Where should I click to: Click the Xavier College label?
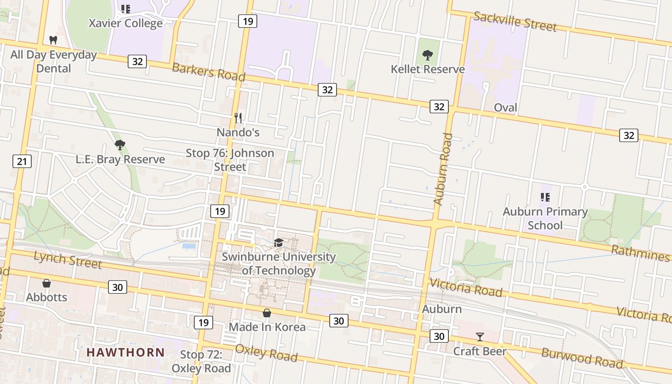pos(126,23)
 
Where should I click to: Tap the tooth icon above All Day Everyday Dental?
pos(53,40)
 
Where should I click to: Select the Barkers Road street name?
pos(208,72)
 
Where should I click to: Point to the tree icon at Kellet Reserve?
pos(427,55)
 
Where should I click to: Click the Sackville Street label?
pos(515,22)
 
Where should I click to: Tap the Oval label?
pos(505,108)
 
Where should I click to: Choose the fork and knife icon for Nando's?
pos(238,118)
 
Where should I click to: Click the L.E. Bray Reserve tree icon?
pos(120,144)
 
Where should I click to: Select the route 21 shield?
pos(22,161)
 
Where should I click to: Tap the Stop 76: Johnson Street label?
pos(230,160)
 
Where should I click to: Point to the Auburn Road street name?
pos(443,169)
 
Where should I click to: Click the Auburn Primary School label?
pos(545,218)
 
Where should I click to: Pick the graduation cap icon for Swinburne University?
pos(278,242)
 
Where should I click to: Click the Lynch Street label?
pos(68,260)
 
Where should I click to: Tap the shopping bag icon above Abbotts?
pos(47,283)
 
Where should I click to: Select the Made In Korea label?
pos(267,327)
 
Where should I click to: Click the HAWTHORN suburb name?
pos(126,352)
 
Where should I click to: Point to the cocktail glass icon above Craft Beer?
pos(480,336)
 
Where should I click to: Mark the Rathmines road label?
pos(640,253)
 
